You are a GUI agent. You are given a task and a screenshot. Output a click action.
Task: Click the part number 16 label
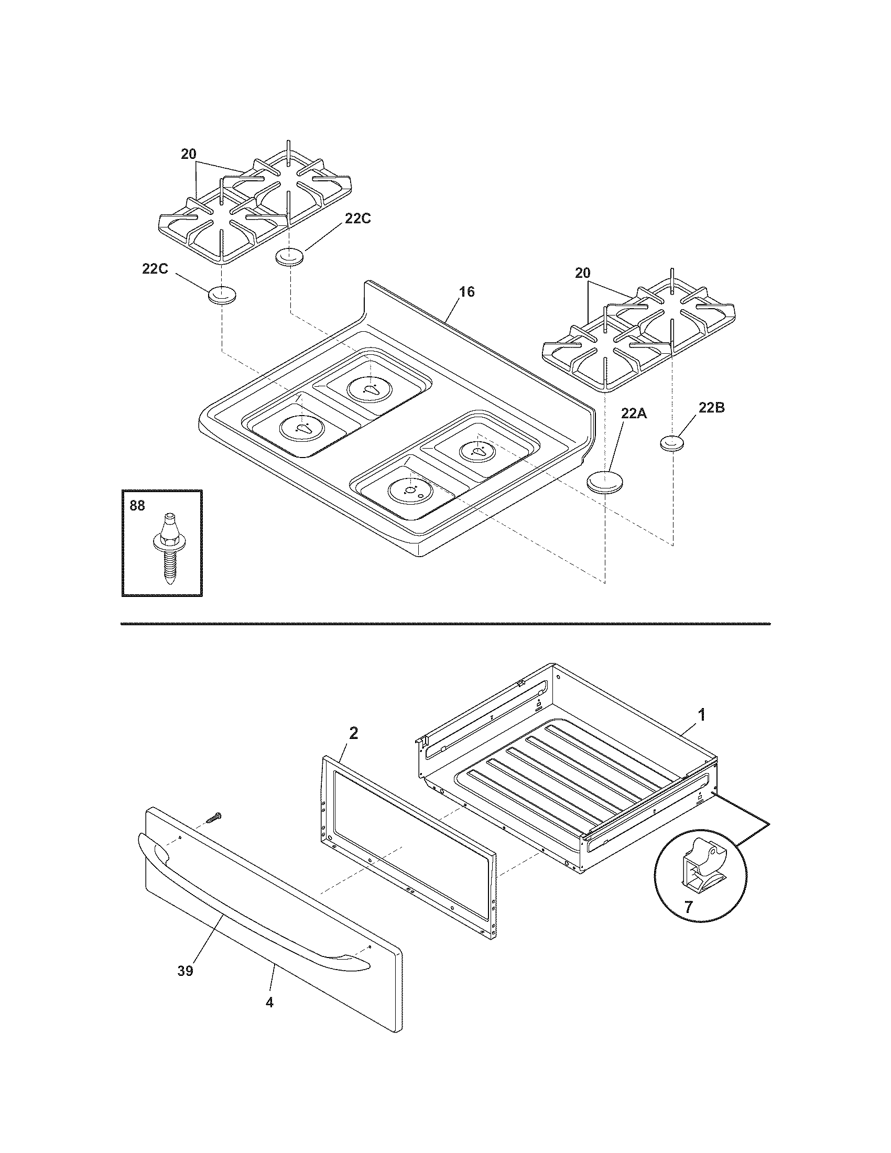click(x=466, y=292)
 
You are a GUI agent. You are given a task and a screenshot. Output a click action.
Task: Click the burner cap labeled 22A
click(x=605, y=483)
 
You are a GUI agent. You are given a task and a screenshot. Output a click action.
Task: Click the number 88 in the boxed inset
click(x=137, y=505)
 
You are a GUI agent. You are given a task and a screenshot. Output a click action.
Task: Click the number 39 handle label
click(x=185, y=971)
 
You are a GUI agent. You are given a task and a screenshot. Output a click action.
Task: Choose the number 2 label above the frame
click(x=353, y=733)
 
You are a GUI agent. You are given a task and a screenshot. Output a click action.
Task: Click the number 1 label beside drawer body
click(x=701, y=715)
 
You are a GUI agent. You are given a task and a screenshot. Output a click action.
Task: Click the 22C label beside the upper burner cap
click(x=357, y=219)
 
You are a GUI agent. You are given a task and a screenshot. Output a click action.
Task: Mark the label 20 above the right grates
click(x=582, y=273)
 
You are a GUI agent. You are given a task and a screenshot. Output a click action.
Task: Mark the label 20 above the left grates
click(x=189, y=154)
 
